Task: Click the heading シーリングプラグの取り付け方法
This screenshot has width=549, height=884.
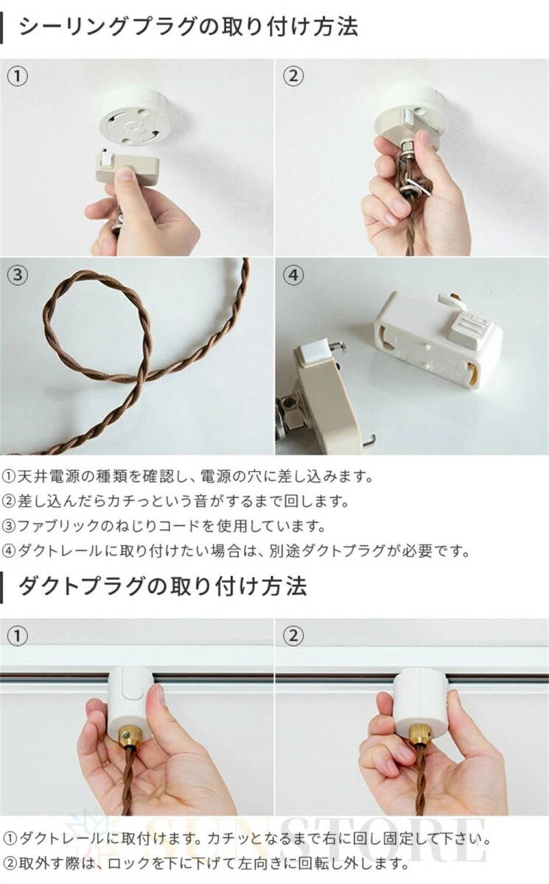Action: click(188, 27)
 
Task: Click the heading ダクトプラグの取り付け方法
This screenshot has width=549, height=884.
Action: click(162, 586)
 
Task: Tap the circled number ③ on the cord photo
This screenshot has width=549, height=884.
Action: click(18, 276)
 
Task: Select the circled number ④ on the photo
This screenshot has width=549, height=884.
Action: click(293, 276)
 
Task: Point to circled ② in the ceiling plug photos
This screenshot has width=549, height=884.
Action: click(293, 76)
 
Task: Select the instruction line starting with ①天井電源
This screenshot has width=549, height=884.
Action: click(188, 476)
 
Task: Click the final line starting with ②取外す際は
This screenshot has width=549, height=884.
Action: click(206, 863)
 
